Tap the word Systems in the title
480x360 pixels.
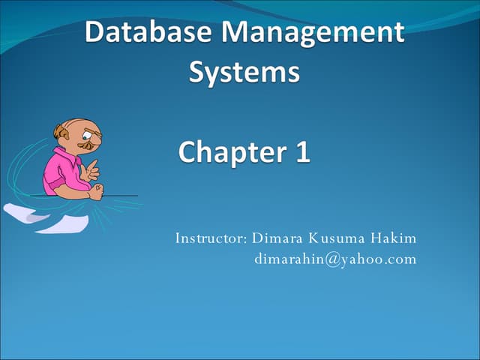(244, 73)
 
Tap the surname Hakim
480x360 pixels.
(391, 238)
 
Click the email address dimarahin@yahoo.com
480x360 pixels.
(335, 259)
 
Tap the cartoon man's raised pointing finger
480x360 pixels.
(94, 164)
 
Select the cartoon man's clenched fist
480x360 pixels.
(95, 192)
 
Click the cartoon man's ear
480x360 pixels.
(61, 133)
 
